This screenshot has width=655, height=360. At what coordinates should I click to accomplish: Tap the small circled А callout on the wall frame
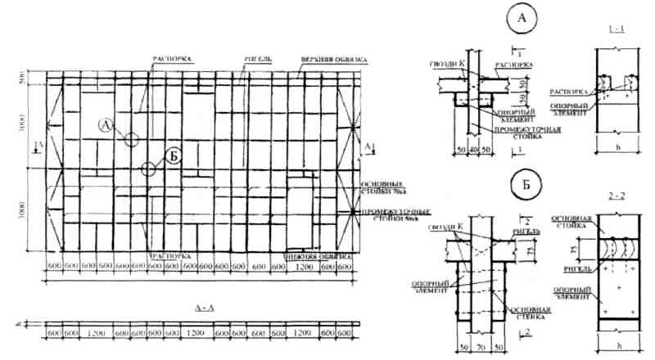point(106,125)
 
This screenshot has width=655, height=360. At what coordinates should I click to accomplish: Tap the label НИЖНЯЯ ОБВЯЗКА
point(312,254)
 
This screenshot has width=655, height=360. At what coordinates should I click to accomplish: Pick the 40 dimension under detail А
point(473,152)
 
